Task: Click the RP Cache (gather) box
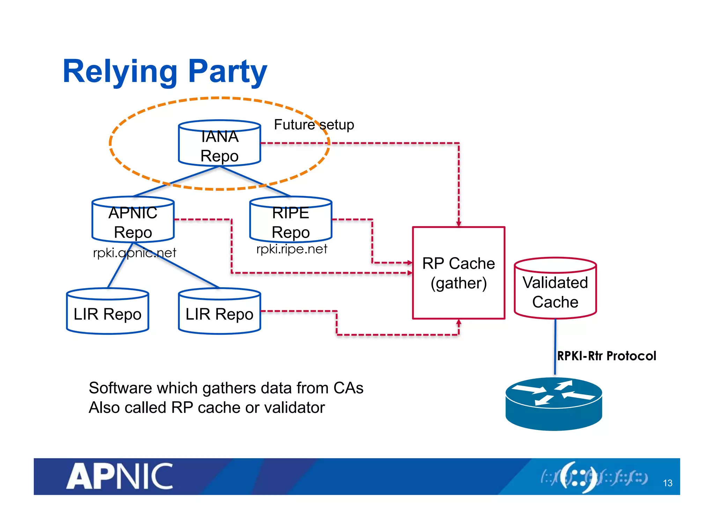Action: (x=458, y=273)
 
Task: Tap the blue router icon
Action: (x=554, y=404)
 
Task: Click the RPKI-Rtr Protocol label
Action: (x=606, y=356)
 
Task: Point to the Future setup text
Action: (x=314, y=125)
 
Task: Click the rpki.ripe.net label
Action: (x=292, y=249)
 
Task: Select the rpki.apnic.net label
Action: (x=134, y=253)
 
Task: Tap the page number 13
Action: (x=668, y=483)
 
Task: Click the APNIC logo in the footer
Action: (x=120, y=476)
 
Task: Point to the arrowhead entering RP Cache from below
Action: (x=459, y=322)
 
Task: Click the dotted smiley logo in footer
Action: (x=578, y=477)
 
